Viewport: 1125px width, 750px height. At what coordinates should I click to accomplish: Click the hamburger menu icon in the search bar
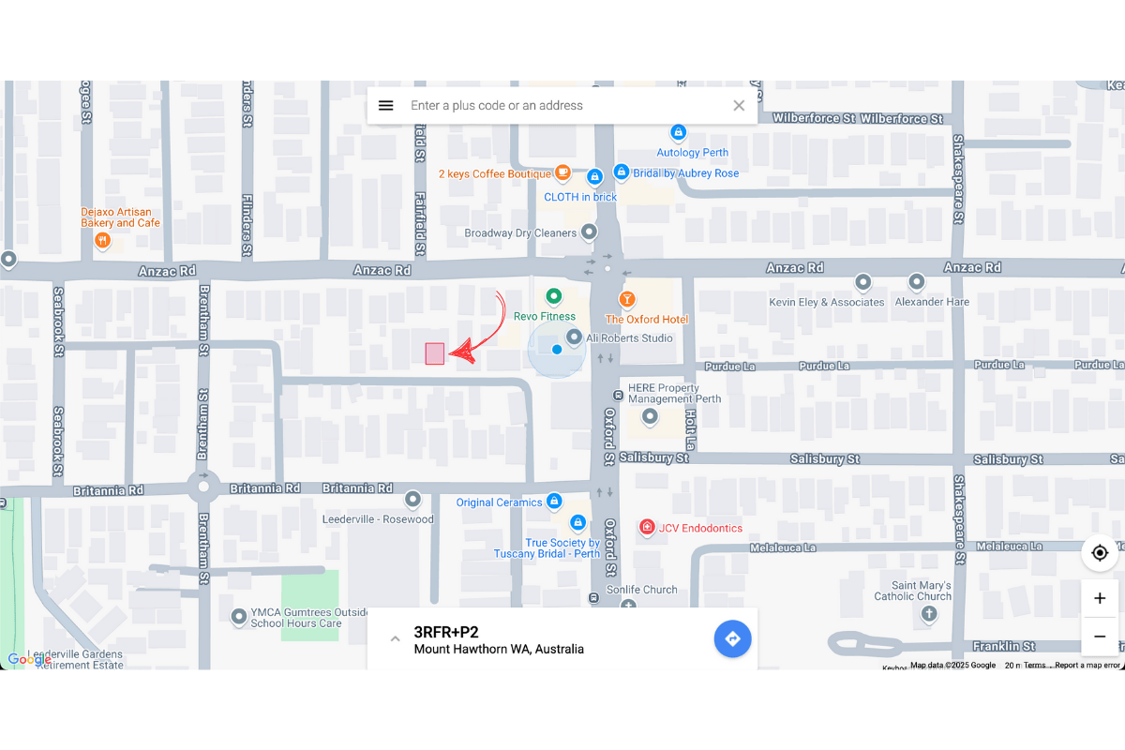tap(385, 106)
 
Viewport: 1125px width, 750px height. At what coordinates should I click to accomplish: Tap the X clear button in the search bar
tap(739, 106)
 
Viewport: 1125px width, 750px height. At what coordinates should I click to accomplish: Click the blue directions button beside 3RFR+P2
tap(732, 639)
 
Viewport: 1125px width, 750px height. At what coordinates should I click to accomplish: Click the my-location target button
tap(1100, 553)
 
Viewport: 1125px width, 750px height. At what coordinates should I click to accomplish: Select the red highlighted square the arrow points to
tap(434, 353)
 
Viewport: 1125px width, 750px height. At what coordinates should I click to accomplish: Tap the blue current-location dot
tap(557, 350)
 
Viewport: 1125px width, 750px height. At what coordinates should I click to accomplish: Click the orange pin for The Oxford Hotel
tap(626, 299)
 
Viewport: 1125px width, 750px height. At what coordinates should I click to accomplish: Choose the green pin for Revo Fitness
tap(554, 296)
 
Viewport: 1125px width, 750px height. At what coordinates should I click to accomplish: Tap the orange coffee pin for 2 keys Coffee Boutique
tap(562, 172)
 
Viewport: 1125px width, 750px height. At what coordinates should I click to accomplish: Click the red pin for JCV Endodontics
tap(646, 528)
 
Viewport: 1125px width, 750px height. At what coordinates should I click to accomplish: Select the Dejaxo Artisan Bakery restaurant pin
tap(103, 241)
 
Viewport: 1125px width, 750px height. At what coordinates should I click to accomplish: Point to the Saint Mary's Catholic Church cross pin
tap(929, 615)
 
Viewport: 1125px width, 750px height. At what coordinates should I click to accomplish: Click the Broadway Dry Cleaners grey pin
tap(590, 232)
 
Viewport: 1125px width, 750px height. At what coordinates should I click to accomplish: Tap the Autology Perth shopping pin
tap(678, 133)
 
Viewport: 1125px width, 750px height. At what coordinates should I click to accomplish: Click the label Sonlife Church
tap(641, 590)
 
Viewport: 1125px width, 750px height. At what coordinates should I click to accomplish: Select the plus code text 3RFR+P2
tap(446, 632)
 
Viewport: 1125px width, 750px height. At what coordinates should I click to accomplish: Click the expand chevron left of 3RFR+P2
tap(395, 639)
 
